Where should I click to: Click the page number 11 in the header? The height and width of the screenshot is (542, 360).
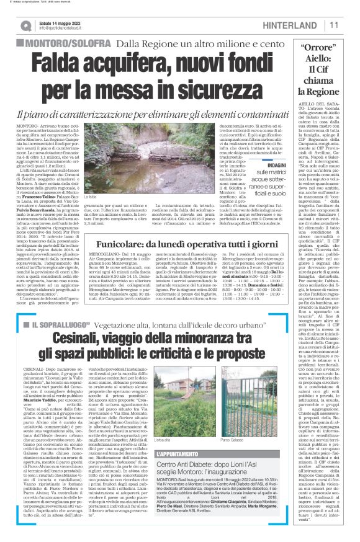333,25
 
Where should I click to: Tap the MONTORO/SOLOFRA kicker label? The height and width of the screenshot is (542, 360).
62,44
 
